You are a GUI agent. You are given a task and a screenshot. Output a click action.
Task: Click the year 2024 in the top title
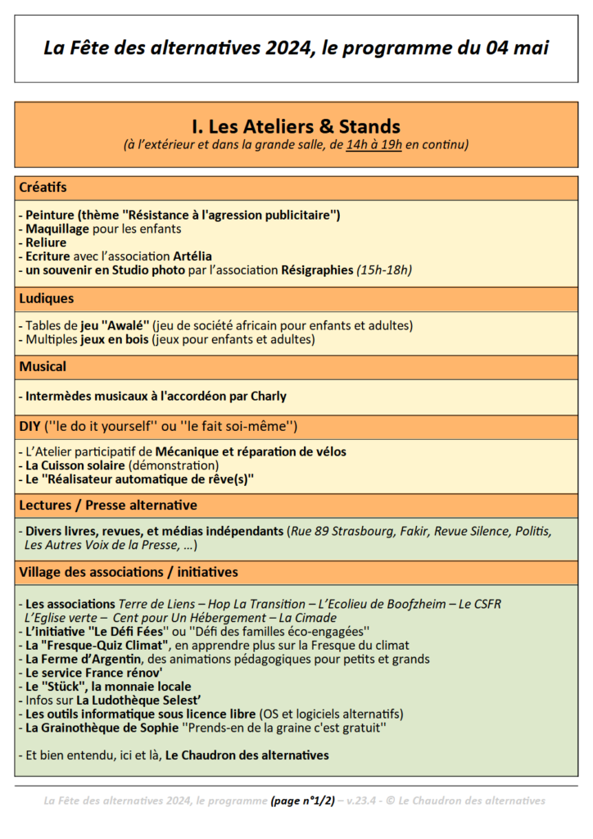click(x=291, y=48)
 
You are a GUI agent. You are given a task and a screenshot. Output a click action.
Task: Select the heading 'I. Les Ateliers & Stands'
click(x=296, y=126)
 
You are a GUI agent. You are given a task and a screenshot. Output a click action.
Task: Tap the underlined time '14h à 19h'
click(x=373, y=146)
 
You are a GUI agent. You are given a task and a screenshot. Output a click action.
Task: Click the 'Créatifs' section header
click(x=43, y=188)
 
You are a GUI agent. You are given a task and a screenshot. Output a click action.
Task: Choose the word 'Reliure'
click(x=46, y=243)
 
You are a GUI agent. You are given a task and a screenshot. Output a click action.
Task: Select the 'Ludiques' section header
click(x=46, y=298)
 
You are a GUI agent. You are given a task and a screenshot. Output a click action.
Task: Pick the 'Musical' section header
click(x=43, y=366)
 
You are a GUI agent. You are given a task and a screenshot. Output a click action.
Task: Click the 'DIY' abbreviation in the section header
click(x=30, y=426)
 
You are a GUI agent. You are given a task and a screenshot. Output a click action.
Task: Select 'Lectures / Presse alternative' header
click(x=108, y=505)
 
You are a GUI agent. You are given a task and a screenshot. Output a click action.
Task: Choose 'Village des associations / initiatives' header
click(x=129, y=572)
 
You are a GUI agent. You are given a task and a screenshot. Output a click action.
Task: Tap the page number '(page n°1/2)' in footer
click(x=302, y=800)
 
